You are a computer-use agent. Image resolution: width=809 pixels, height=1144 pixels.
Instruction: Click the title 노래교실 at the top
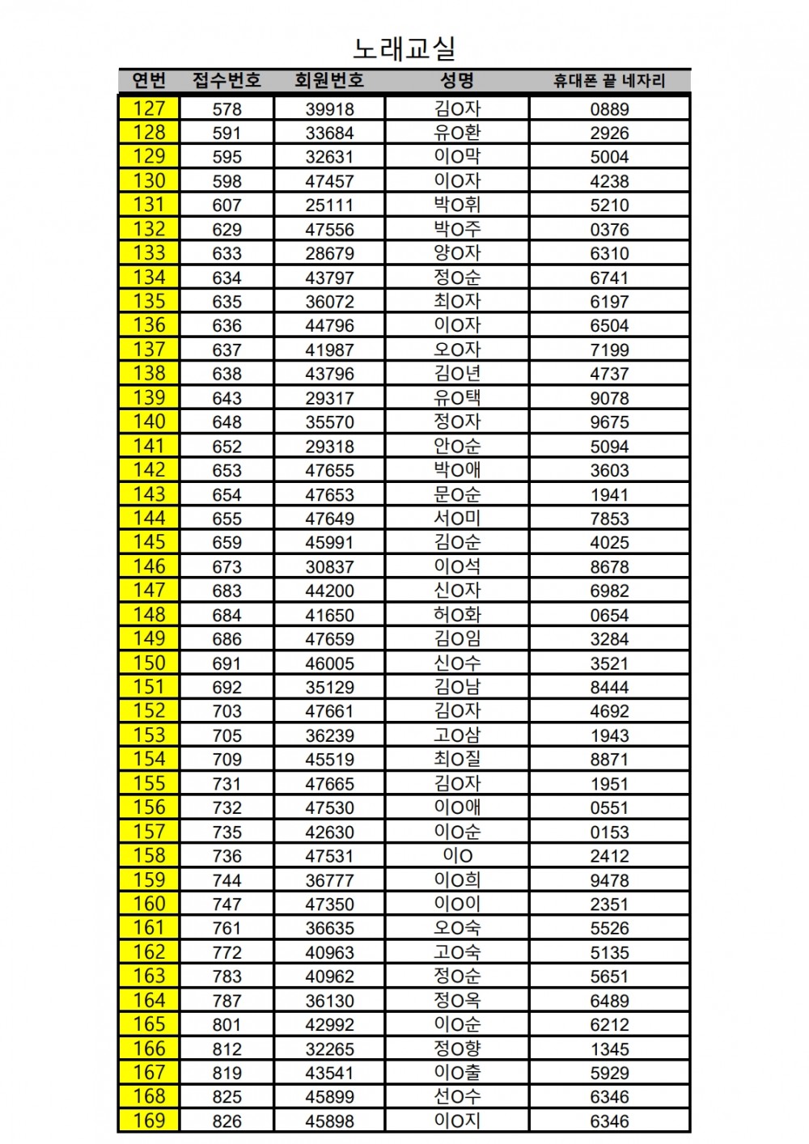click(x=404, y=49)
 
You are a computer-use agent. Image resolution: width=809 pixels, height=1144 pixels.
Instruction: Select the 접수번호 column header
click(x=227, y=80)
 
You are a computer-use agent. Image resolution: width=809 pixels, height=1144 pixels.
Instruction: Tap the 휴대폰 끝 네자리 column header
click(x=609, y=81)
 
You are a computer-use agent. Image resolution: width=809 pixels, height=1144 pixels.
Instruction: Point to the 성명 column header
click(x=457, y=80)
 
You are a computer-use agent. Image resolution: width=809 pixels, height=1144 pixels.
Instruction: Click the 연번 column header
click(x=149, y=80)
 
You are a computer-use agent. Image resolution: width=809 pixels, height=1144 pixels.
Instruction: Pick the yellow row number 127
click(x=149, y=108)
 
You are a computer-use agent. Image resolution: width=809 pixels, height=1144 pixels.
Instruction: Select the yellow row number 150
click(x=149, y=663)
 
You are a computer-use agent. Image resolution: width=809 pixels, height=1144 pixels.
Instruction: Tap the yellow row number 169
click(x=149, y=1121)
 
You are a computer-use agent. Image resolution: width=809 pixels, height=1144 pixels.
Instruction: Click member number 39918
click(x=329, y=109)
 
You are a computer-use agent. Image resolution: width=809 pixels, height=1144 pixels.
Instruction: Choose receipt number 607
click(x=227, y=205)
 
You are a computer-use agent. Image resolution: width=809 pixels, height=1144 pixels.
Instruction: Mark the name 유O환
click(x=457, y=133)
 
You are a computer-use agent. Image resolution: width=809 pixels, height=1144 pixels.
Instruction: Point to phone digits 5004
click(x=609, y=157)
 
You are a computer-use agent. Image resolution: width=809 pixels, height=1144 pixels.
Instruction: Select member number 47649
click(x=329, y=519)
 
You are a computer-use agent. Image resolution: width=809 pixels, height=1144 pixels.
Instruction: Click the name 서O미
click(x=457, y=518)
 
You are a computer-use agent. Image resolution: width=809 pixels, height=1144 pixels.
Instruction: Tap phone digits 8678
click(x=609, y=567)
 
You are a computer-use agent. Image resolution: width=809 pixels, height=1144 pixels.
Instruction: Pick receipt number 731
click(x=227, y=784)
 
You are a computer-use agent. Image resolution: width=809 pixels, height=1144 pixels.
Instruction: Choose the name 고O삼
click(x=457, y=735)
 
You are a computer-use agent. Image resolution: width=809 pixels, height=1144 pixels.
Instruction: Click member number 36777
click(x=329, y=880)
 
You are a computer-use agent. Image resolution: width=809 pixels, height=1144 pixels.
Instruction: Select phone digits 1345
click(x=609, y=1049)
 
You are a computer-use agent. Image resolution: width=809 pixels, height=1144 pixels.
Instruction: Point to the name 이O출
click(x=457, y=1073)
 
